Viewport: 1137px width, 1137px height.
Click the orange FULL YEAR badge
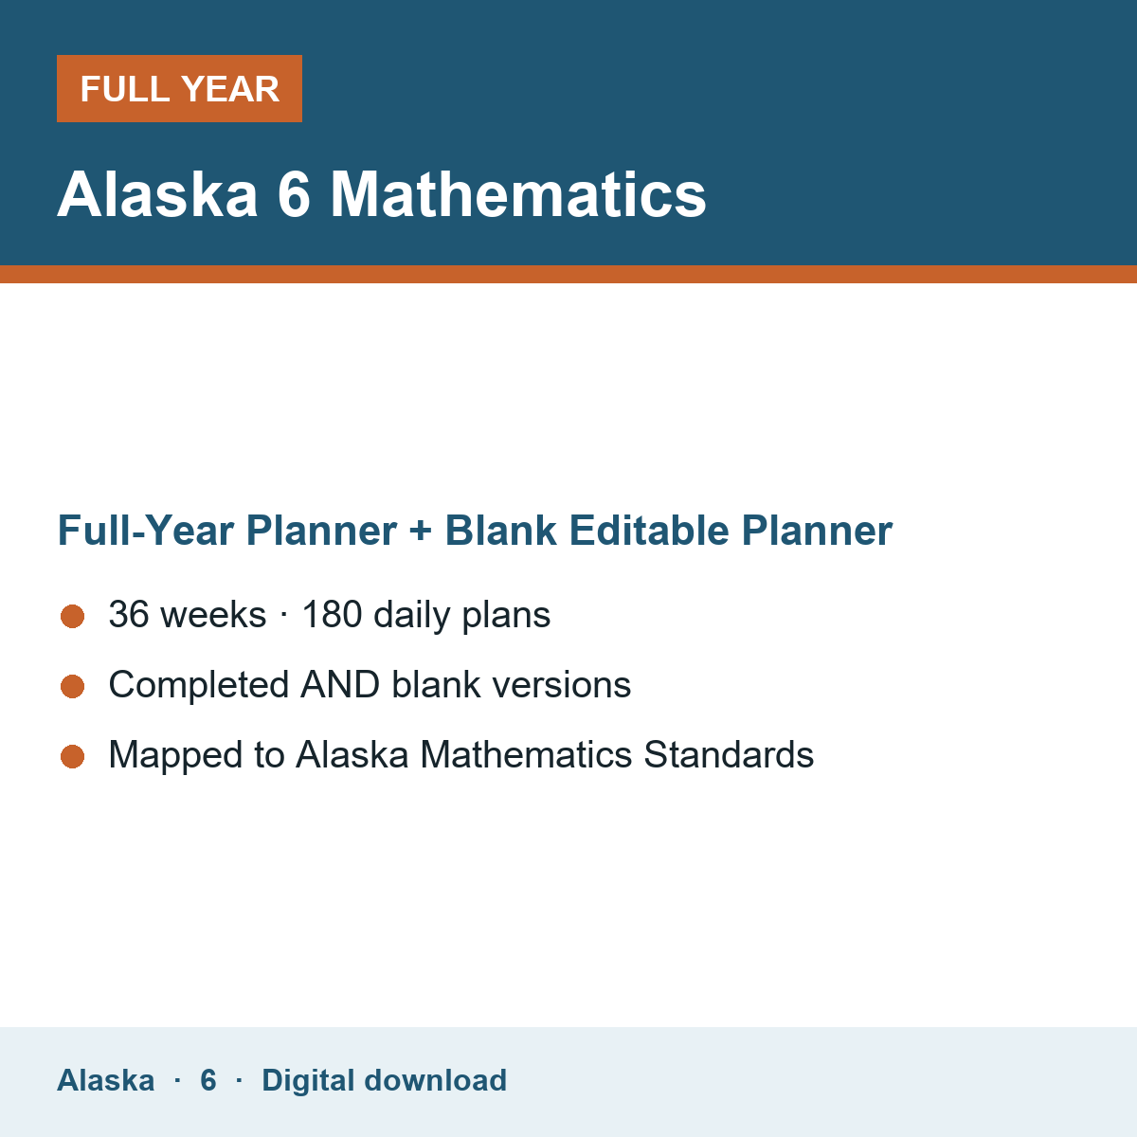click(179, 88)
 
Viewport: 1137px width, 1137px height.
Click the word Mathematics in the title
click(517, 195)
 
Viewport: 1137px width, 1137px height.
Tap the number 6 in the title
click(294, 195)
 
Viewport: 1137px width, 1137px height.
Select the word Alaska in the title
click(157, 195)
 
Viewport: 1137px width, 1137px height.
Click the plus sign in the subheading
click(421, 531)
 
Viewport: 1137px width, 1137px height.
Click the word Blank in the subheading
click(500, 531)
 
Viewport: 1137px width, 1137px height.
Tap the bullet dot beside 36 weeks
click(73, 616)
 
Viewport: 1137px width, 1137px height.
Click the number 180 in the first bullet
click(333, 614)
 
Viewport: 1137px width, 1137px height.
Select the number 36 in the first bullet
click(129, 614)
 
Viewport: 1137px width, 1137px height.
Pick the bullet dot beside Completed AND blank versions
click(73, 686)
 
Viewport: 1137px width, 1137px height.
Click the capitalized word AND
click(340, 684)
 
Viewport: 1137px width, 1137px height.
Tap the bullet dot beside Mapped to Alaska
click(73, 756)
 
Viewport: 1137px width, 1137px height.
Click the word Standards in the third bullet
click(729, 754)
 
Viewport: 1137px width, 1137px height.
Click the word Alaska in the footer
click(105, 1080)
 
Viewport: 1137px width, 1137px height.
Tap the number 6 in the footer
click(208, 1080)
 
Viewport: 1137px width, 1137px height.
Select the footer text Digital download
click(384, 1081)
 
